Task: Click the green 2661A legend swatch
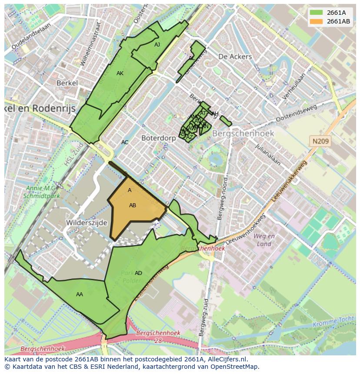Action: coord(316,13)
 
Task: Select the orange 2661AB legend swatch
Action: coord(316,21)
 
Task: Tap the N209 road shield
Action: coord(320,141)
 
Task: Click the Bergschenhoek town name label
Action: coord(243,133)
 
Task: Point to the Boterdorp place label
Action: coord(158,138)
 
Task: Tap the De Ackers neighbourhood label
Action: coord(235,56)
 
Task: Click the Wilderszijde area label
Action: coord(87,222)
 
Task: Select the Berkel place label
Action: coord(67,83)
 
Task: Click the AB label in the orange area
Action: coord(133,205)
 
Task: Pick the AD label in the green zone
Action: coord(138,273)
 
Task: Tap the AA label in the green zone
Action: coord(80,295)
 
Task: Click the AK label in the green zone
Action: coord(120,73)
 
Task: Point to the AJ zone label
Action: coord(157,45)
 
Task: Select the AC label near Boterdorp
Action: coord(125,142)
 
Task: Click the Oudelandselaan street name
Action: coord(31,36)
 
